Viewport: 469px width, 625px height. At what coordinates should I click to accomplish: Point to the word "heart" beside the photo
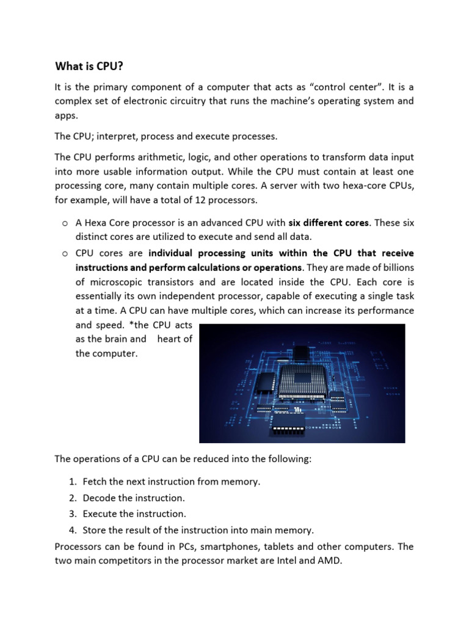click(x=174, y=339)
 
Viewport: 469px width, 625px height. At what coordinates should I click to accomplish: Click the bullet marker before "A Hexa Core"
click(x=64, y=223)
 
